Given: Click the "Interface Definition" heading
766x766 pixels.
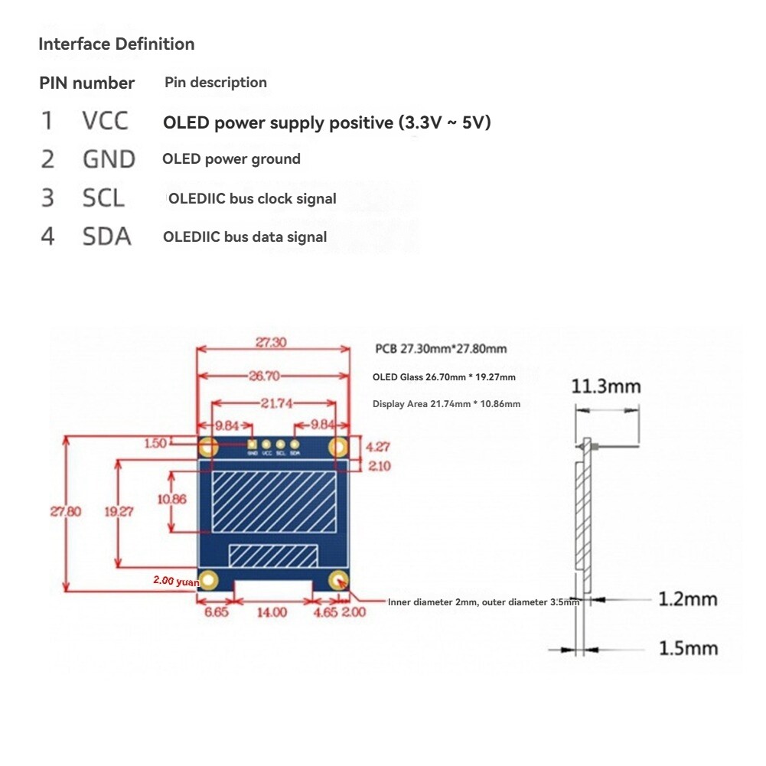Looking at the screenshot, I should [x=116, y=44].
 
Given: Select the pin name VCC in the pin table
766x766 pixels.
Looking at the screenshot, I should [x=106, y=121].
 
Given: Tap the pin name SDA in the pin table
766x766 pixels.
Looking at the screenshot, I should [x=107, y=236].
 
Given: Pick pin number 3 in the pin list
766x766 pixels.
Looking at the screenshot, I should [x=47, y=197].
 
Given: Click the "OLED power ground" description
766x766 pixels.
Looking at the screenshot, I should [x=231, y=159].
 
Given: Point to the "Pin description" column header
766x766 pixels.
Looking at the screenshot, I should [x=216, y=83].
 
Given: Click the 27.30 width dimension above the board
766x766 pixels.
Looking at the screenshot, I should [x=271, y=342].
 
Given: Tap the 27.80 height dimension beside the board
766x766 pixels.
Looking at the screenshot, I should [x=66, y=512].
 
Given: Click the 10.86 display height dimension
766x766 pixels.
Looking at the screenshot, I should [x=171, y=499].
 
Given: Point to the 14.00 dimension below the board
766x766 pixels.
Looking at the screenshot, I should [x=272, y=611].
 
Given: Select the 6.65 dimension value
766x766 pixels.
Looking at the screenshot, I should [x=217, y=611].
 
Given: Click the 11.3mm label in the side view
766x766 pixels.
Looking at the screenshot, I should [x=606, y=386].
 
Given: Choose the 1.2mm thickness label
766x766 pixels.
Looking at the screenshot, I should [x=688, y=598].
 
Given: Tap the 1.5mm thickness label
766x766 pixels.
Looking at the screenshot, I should [x=688, y=648].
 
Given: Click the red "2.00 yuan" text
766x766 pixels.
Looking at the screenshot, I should [x=175, y=581].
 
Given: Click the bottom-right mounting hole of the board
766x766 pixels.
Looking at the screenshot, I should [x=338, y=580].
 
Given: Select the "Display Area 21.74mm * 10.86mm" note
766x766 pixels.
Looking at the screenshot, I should [x=446, y=403].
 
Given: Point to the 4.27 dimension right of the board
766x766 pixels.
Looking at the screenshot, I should [x=376, y=446].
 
